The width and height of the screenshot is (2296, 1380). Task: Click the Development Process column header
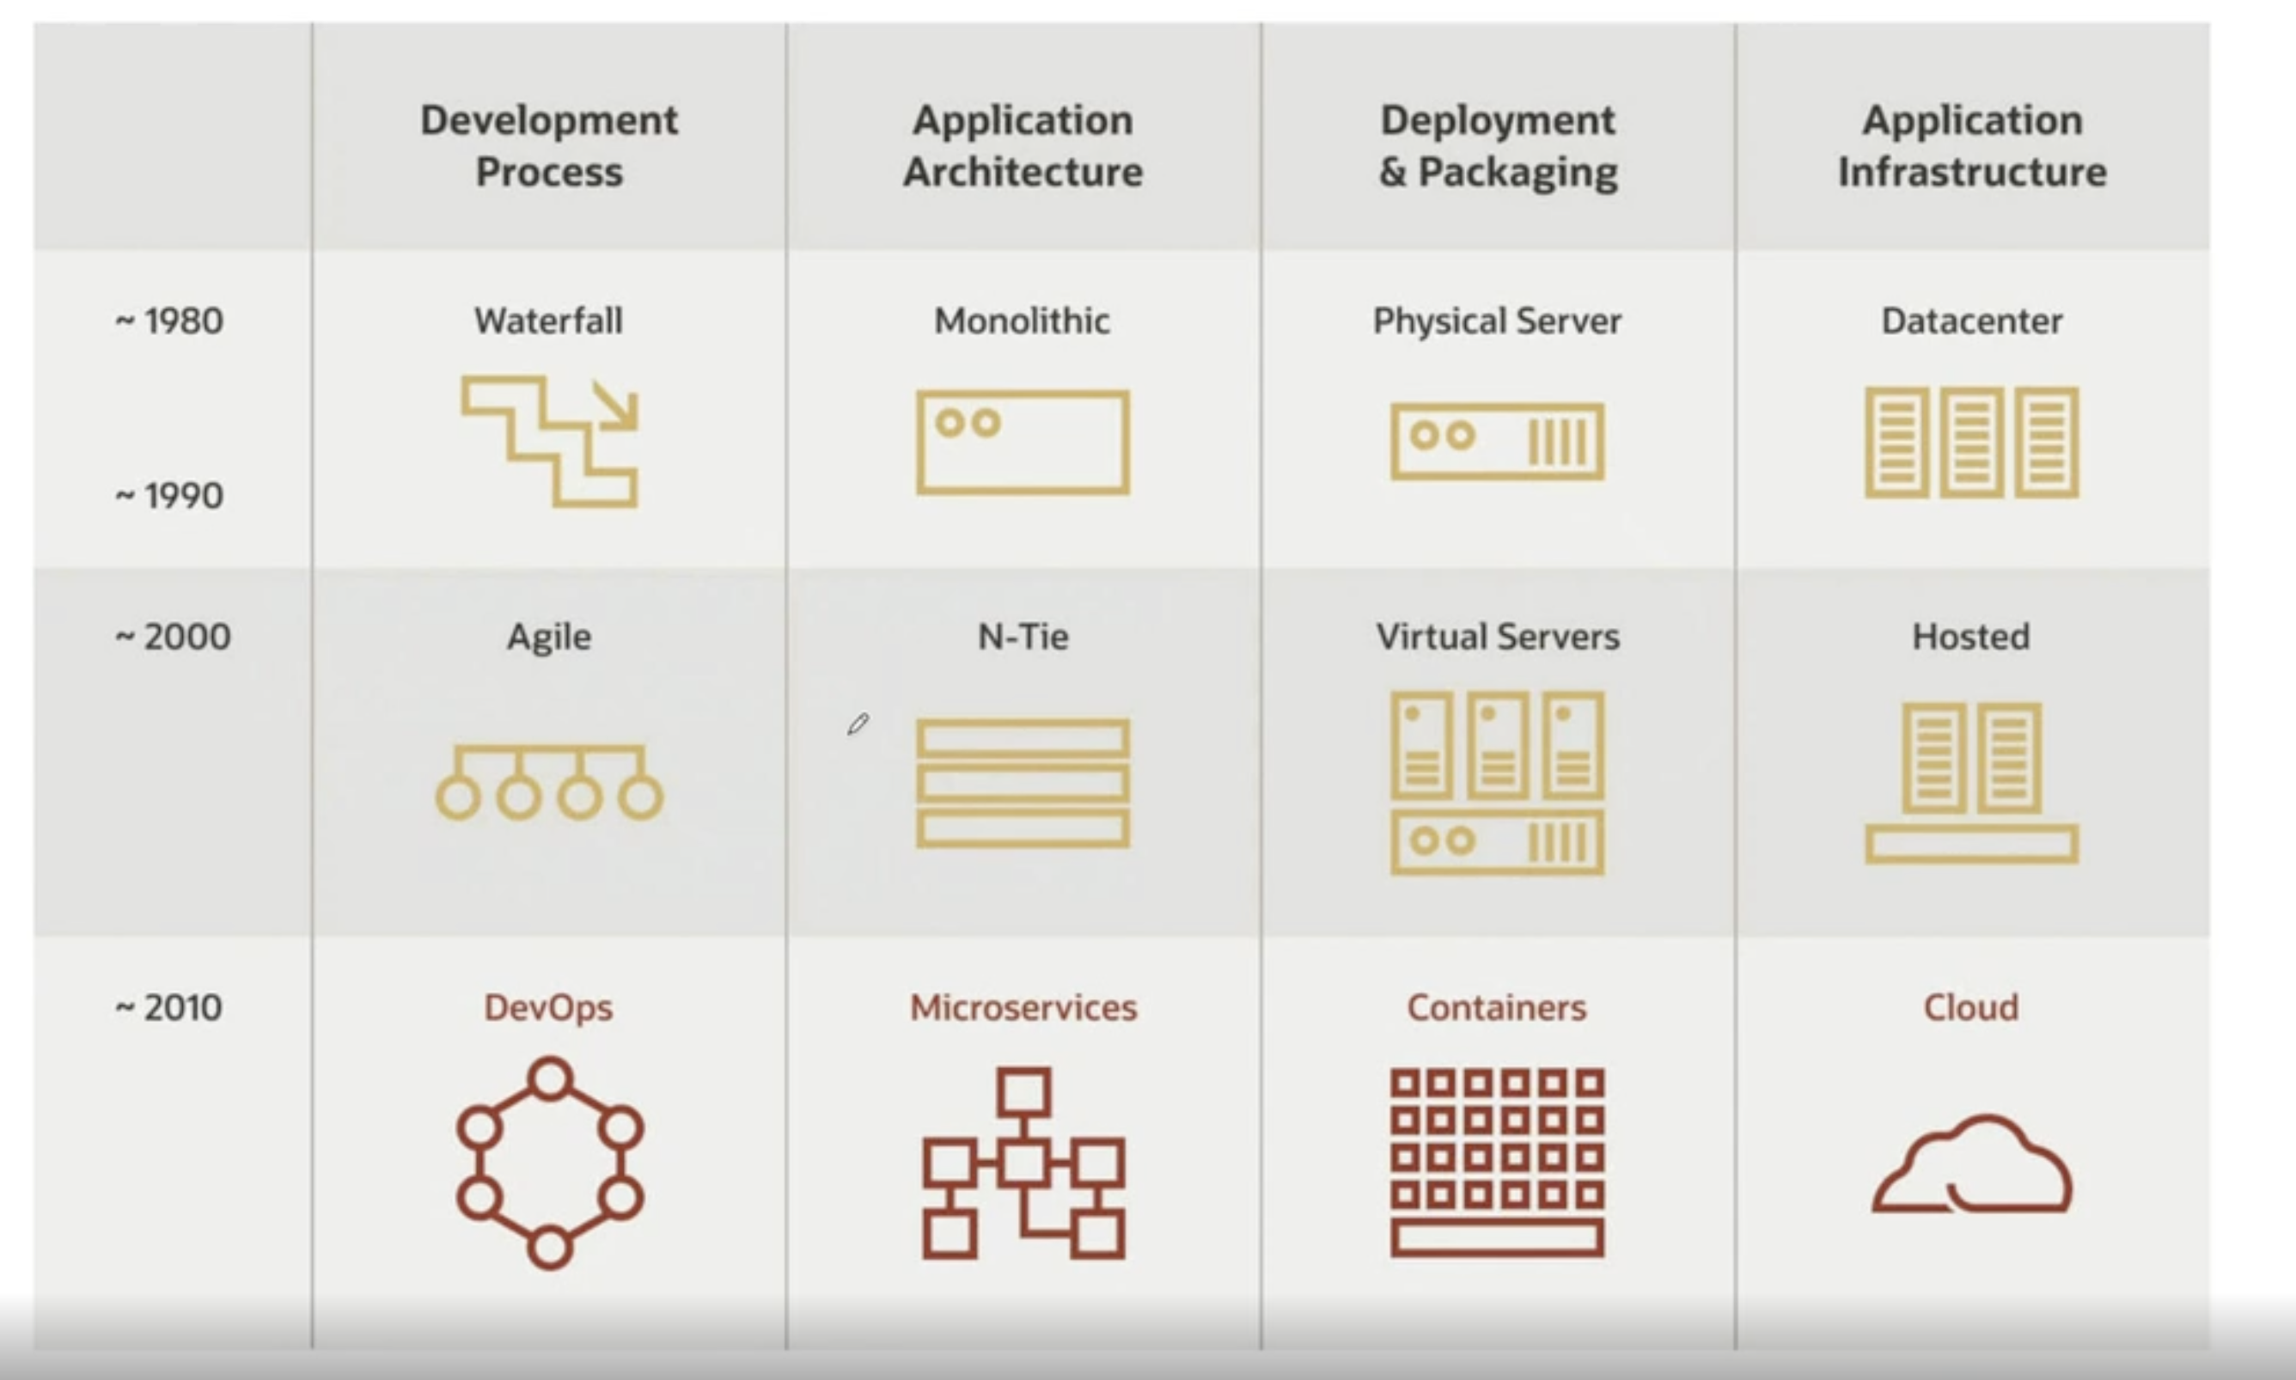[x=549, y=146]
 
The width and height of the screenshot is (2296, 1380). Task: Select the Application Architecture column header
[x=1023, y=146]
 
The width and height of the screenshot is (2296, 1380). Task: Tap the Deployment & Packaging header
[x=1497, y=146]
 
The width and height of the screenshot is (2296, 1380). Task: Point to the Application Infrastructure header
[x=1971, y=146]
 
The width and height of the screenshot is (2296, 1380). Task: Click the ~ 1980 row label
[x=169, y=321]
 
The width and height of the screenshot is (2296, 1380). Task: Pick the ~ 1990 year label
[x=169, y=496]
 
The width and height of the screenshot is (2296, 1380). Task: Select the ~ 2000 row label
[x=173, y=637]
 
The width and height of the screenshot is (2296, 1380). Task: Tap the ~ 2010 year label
[x=169, y=1008]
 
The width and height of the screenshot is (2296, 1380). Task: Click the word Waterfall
[x=549, y=321]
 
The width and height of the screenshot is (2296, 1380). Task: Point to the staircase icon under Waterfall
[x=550, y=442]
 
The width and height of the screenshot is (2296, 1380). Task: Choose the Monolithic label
[x=1022, y=321]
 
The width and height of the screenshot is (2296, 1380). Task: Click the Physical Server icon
[x=1497, y=442]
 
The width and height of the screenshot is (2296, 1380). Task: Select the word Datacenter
[x=1971, y=321]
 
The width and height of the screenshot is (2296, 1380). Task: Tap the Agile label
[x=549, y=637]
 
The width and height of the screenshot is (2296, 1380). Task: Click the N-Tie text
[x=1023, y=637]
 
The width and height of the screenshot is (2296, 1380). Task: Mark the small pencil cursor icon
[x=858, y=724]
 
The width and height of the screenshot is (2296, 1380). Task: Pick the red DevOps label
[x=549, y=1008]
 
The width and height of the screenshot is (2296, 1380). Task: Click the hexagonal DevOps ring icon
[x=550, y=1163]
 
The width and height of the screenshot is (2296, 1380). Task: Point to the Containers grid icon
[x=1497, y=1163]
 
